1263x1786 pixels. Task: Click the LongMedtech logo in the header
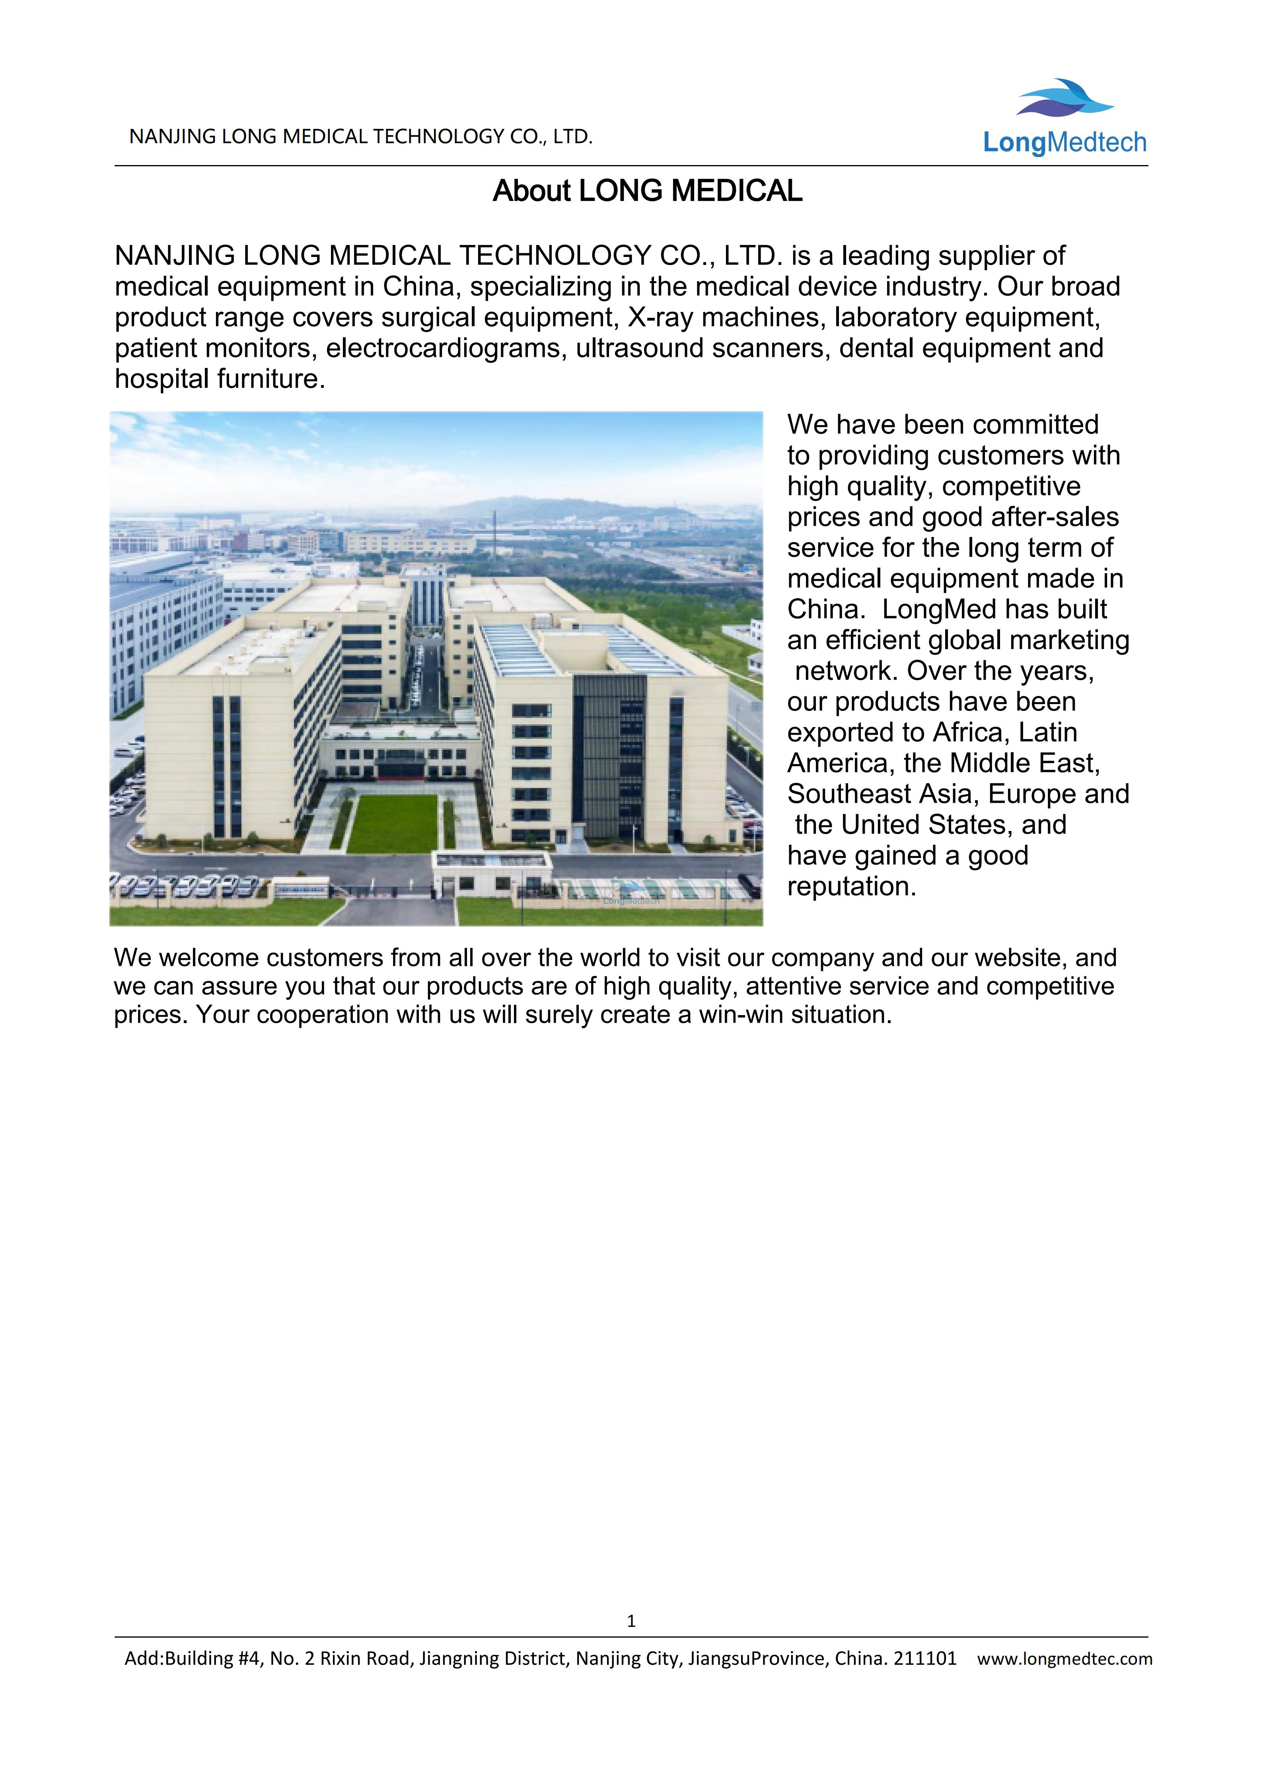pos(1064,118)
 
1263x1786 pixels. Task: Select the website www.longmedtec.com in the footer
pos(1065,1658)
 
